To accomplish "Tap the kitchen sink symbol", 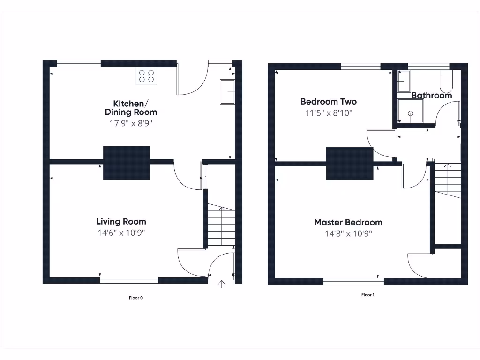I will (x=227, y=92).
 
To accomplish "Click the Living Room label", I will (x=121, y=222).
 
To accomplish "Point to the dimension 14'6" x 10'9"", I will (x=121, y=233).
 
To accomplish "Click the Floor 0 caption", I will (x=135, y=298).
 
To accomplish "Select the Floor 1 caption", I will (x=367, y=295).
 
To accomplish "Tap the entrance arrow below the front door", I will (x=221, y=284).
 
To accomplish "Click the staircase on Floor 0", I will (x=221, y=225).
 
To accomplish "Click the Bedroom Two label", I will (x=328, y=102).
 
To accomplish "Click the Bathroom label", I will (x=432, y=96).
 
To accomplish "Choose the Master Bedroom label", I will (x=348, y=223).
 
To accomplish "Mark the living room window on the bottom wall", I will (x=129, y=280).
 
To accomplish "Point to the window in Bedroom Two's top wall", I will (x=360, y=67).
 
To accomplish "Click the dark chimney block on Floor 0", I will (x=127, y=162).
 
